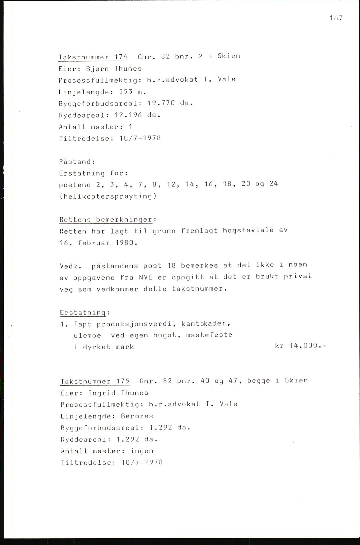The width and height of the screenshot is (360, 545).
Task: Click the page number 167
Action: (336, 18)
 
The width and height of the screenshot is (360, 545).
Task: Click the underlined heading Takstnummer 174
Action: (93, 57)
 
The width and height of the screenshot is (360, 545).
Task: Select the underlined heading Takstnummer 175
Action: (95, 381)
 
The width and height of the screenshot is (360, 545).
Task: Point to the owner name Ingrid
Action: (102, 393)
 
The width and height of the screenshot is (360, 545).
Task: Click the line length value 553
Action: (126, 92)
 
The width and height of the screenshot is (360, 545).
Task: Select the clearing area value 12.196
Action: (129, 115)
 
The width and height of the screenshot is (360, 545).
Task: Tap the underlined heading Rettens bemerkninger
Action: (106, 220)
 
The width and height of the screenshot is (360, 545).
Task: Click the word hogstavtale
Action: (248, 230)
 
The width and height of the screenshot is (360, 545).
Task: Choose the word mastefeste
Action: (209, 335)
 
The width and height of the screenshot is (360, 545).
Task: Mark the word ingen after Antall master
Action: (142, 451)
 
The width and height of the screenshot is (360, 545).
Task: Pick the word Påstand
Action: (77, 162)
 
